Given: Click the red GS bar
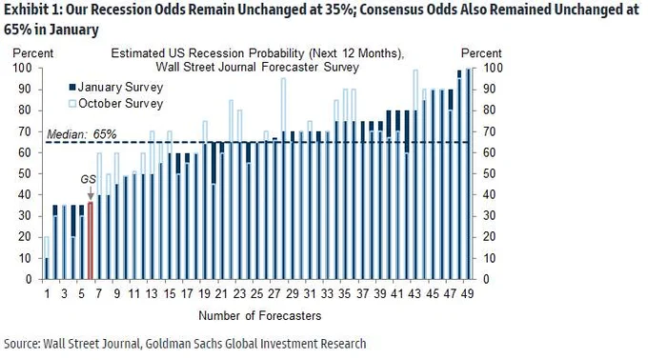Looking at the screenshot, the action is click(91, 240).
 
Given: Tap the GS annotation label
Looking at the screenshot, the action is click(88, 179).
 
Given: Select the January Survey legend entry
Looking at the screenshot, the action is click(115, 87).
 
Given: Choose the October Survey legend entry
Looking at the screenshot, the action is click(115, 103).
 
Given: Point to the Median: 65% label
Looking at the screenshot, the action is click(81, 134).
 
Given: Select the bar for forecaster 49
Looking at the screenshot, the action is click(468, 173).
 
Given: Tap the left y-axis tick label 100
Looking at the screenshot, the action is click(22, 69).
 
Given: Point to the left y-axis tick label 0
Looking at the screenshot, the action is click(29, 279).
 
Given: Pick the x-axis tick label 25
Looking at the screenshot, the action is click(256, 293).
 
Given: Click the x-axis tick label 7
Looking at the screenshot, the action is click(99, 293).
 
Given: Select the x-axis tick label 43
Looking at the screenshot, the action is click(415, 293).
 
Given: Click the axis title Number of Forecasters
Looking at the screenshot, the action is click(260, 316).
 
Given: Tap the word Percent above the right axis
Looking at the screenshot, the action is click(481, 53).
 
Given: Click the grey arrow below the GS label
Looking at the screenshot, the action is click(91, 192).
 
